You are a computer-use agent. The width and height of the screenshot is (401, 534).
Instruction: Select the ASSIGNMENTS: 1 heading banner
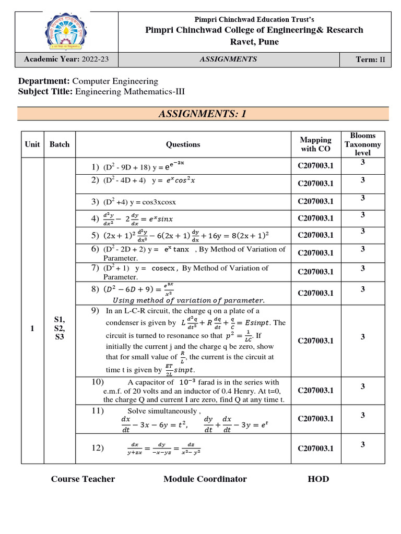(203, 114)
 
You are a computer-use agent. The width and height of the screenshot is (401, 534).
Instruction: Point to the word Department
(44, 81)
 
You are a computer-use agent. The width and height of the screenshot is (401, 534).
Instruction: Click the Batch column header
(59, 144)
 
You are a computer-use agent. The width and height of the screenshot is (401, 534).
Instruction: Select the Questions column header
(183, 144)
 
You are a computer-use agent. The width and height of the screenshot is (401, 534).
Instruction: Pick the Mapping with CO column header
(315, 144)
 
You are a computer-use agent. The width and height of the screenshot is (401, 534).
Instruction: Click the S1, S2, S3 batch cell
(59, 329)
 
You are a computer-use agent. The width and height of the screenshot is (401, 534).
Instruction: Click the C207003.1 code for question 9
(315, 341)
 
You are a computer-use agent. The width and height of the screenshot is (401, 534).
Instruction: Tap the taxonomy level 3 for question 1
(362, 163)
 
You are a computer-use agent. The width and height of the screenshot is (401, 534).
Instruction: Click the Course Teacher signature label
(83, 479)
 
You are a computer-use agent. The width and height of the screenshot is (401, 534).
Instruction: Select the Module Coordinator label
(205, 479)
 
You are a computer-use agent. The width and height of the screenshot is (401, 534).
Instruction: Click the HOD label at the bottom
(319, 479)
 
